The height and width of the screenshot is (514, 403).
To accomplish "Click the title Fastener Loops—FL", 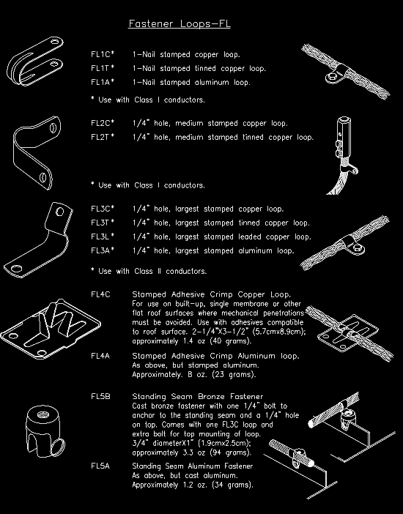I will point(180,24).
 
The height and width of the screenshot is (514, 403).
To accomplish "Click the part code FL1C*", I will point(103,55).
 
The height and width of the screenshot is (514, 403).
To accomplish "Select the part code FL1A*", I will point(103,83).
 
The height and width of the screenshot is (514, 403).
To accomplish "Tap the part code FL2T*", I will point(103,137).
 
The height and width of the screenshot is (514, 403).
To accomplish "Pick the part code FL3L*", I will point(103,236).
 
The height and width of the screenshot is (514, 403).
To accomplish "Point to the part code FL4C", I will point(100,294).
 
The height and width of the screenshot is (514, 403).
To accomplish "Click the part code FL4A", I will point(100,356).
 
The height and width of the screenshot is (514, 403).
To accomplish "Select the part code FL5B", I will point(100,397).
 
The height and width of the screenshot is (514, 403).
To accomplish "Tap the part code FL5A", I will point(100,466).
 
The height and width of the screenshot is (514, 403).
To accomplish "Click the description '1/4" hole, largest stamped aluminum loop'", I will point(212,250).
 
